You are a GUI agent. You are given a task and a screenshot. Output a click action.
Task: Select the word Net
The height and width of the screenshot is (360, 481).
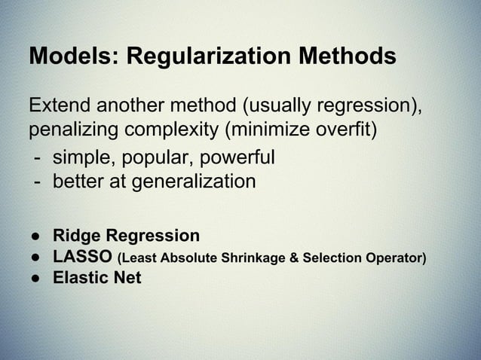[127, 278]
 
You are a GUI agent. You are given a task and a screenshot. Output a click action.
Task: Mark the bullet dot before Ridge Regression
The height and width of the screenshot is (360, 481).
[35, 235]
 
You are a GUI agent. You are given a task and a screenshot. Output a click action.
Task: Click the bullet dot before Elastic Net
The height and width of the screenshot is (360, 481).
[35, 279]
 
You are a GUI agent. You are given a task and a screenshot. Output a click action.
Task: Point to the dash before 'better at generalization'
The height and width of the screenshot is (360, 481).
[35, 182]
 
